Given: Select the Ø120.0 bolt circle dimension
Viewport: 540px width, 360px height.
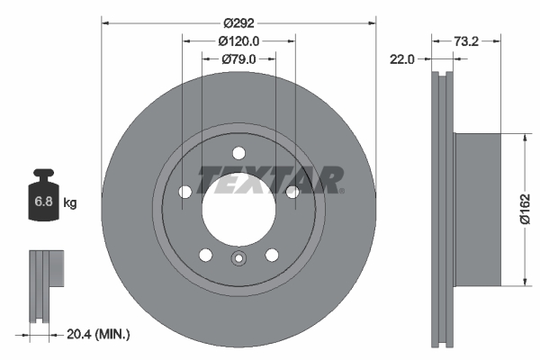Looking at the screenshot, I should click(238, 40).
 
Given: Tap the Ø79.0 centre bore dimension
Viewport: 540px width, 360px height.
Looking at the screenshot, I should click(238, 59).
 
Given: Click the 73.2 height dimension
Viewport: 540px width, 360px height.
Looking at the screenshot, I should click(464, 40).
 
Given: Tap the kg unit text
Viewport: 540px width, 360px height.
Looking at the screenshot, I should click(70, 203).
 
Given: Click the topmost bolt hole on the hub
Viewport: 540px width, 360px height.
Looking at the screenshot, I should click(238, 153).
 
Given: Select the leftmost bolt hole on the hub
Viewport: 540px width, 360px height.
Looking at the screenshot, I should click(184, 192).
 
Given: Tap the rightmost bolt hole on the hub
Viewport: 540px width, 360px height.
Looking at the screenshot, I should click(292, 192).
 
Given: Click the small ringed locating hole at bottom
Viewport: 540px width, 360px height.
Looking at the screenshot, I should click(238, 261).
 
